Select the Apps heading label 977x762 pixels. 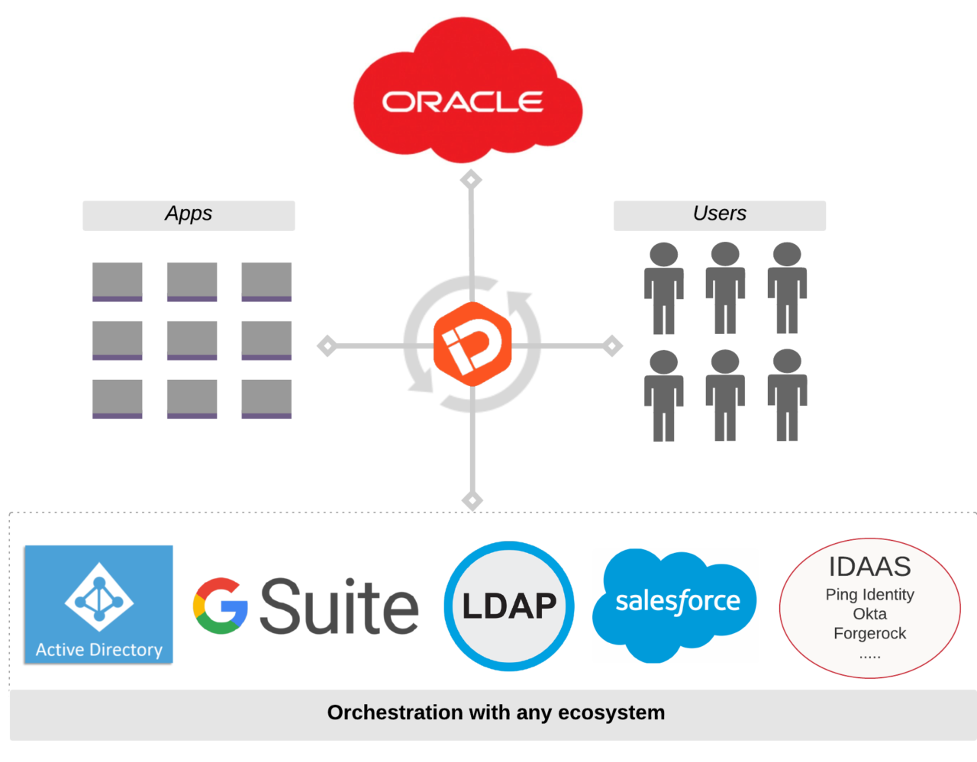pos(189,214)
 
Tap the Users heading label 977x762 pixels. pos(719,214)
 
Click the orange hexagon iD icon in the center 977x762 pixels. pos(472,344)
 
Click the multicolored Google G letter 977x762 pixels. pos(221,606)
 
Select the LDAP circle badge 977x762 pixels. pos(509,606)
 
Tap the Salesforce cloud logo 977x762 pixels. pos(676,603)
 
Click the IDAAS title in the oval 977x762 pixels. pos(869,567)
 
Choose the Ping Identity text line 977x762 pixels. pos(869,594)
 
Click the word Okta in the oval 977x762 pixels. pos(869,614)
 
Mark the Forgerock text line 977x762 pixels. pos(869,633)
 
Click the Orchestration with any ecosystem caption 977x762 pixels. pos(495,712)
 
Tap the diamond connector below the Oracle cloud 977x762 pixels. pos(471,180)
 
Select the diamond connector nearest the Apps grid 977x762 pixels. pos(327,346)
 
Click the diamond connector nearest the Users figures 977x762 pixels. pos(612,346)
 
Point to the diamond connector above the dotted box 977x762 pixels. pos(472,500)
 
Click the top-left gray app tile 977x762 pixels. pos(118,281)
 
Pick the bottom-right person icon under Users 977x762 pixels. pos(787,395)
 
